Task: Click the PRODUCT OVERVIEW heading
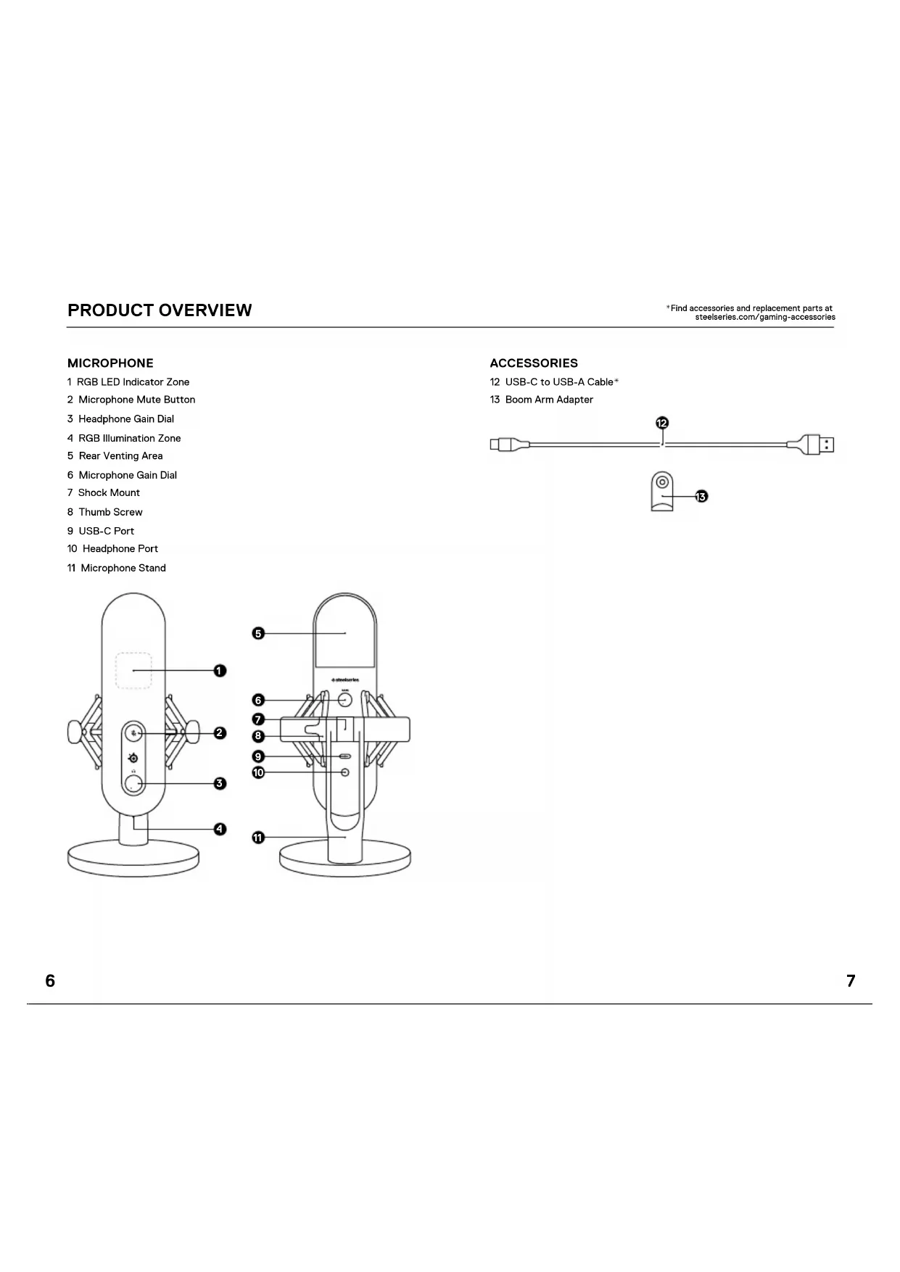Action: (160, 310)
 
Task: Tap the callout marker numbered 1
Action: (220, 671)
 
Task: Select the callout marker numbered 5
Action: (258, 633)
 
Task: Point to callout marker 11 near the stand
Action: (258, 838)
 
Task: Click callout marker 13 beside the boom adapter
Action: (701, 496)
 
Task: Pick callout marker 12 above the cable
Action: (662, 423)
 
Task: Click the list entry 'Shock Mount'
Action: (109, 492)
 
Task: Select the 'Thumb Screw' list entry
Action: (110, 512)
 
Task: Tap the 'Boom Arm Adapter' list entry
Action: (549, 400)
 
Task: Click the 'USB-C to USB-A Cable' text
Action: (559, 382)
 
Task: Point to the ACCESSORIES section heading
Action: (534, 363)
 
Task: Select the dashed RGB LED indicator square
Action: (133, 671)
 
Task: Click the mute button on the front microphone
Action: (133, 732)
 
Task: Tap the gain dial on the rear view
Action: (345, 700)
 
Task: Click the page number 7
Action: (851, 981)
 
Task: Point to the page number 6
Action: (50, 981)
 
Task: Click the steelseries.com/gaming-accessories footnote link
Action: (765, 317)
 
